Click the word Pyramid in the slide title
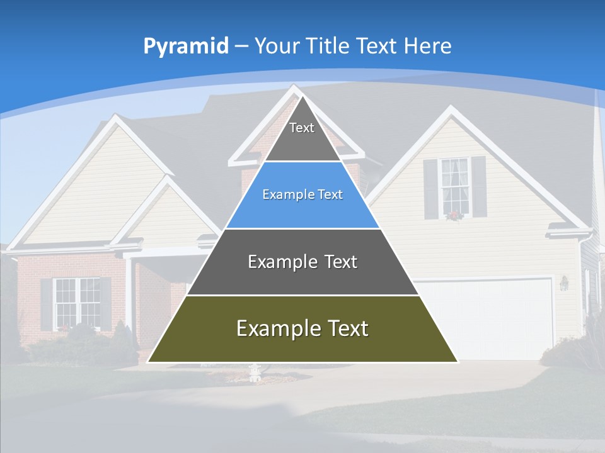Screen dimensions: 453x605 [186, 47]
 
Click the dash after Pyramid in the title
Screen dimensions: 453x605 [241, 47]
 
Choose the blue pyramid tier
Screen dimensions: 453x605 [302, 208]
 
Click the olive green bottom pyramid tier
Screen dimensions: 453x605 [302, 343]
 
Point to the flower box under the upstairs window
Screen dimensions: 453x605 [454, 215]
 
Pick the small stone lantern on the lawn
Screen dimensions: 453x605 [255, 373]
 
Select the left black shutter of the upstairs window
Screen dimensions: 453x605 [430, 188]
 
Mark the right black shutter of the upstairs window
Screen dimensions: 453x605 [479, 187]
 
